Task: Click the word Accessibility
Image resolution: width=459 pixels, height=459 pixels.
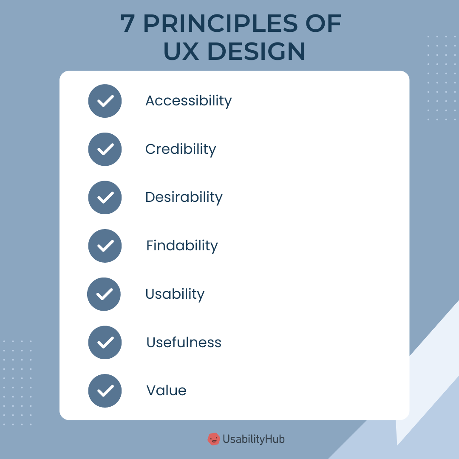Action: (188, 101)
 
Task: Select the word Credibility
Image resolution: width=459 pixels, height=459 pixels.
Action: (181, 149)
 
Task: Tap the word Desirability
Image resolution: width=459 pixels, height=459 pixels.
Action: (184, 198)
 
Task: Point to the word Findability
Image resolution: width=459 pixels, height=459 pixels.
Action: (182, 246)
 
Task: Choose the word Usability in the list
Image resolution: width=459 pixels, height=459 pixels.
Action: (175, 294)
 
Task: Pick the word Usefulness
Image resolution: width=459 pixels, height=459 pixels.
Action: (184, 343)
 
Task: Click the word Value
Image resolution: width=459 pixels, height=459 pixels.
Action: (166, 391)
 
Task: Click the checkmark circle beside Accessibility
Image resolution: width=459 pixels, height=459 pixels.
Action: (105, 101)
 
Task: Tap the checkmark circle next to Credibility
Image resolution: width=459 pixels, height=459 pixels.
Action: (105, 149)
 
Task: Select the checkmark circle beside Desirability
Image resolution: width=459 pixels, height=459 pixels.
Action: (105, 198)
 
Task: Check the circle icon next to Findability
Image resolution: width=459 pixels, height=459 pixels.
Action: (105, 246)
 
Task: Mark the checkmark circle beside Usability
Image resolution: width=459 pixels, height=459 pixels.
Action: (104, 294)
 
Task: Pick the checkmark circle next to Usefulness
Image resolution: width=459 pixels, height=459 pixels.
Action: (105, 343)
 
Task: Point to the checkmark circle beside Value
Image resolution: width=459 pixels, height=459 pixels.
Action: (105, 391)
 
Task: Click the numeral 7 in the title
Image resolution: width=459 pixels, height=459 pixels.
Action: (127, 24)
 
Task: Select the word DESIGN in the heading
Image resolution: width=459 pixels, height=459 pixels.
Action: (257, 52)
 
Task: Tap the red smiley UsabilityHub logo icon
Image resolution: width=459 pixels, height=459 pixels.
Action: (213, 439)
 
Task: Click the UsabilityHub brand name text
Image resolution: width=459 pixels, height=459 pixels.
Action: (254, 439)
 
